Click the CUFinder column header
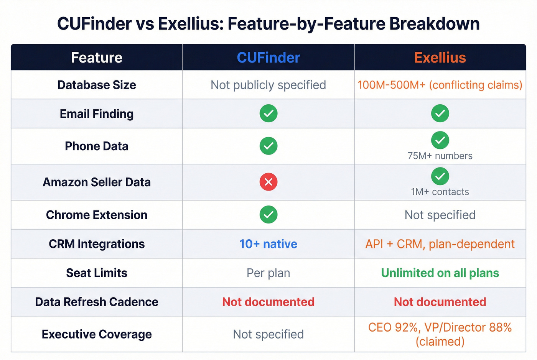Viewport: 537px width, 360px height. coord(268,58)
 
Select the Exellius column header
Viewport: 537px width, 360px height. coord(440,58)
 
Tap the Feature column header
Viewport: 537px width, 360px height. coord(97,58)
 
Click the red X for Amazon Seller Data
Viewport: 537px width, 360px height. coord(268,182)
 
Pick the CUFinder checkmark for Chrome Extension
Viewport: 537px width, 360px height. coord(268,215)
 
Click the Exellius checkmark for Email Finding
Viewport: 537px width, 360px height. coord(440,113)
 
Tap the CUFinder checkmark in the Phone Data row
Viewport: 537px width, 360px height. coord(268,146)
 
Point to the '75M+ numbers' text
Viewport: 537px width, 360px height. coord(440,156)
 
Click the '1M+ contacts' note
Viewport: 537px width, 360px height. coord(440,192)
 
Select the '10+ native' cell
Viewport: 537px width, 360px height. coord(268,244)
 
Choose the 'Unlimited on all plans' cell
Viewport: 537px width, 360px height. coord(440,273)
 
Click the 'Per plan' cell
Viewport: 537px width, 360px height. coord(268,273)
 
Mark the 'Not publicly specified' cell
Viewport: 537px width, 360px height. coord(268,85)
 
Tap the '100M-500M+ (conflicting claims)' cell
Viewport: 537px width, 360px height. coord(440,85)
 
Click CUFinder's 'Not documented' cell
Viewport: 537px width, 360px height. coord(268,302)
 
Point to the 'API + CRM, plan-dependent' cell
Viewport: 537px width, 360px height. coord(440,244)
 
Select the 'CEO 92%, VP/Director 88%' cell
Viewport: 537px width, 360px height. coord(440,334)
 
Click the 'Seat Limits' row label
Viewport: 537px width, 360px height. coord(97,273)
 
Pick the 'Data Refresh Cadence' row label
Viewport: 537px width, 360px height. coord(97,302)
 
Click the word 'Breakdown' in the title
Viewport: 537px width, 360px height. coord(435,24)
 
